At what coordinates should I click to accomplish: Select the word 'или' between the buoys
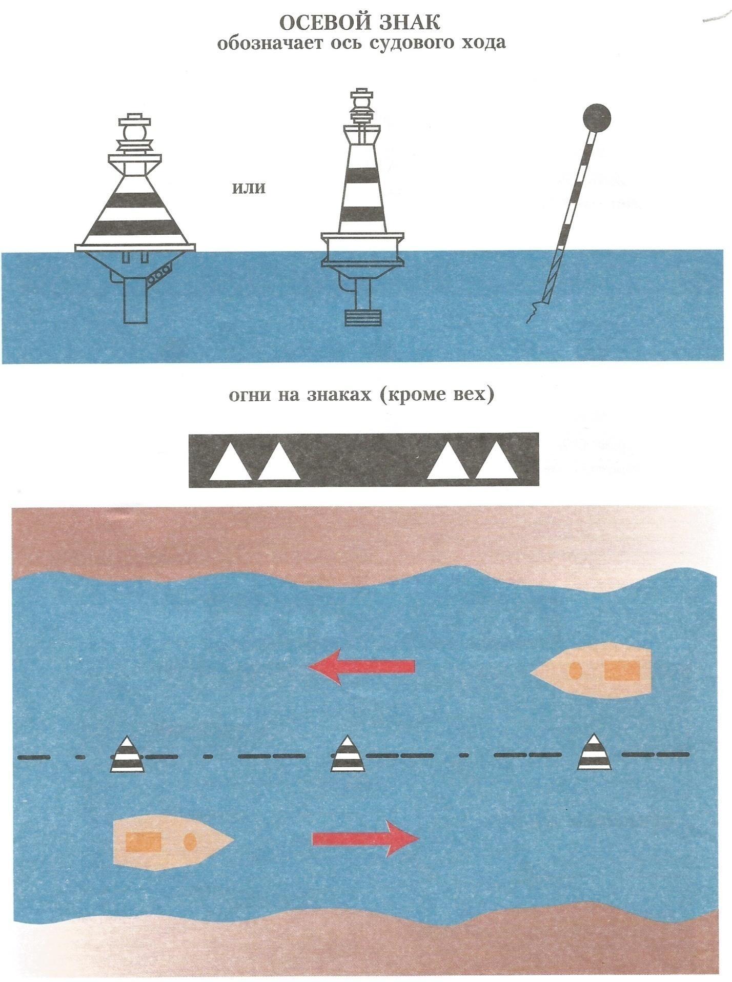(249, 188)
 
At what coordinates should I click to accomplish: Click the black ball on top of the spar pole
(598, 118)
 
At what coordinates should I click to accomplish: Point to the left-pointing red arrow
(361, 666)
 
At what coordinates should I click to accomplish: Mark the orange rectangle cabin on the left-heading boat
(622, 670)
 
